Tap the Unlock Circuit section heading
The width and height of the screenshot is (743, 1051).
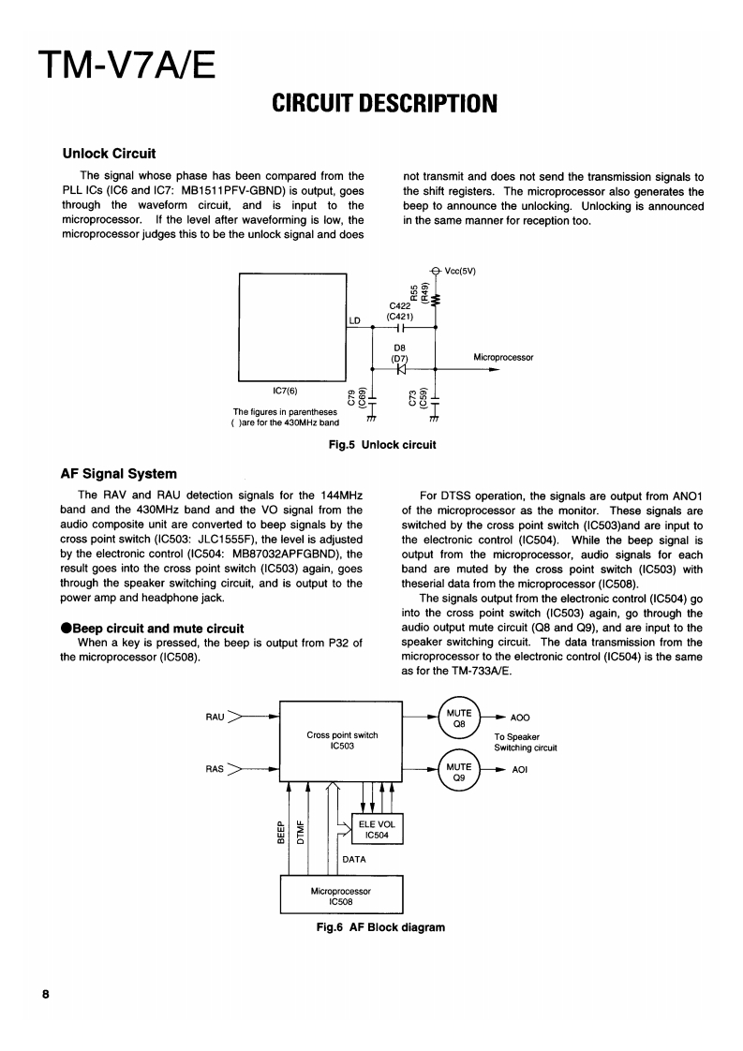(x=108, y=153)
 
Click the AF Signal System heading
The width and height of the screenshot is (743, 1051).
(x=118, y=473)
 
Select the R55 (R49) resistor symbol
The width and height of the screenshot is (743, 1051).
(x=437, y=299)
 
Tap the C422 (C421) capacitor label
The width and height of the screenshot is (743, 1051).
(x=400, y=310)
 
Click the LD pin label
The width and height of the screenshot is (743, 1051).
(x=354, y=320)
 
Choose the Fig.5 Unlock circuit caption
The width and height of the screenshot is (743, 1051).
(x=376, y=444)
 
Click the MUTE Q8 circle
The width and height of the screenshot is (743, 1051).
(x=459, y=718)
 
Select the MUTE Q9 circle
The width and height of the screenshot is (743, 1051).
(x=459, y=771)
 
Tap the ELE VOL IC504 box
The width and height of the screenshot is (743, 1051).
(x=376, y=828)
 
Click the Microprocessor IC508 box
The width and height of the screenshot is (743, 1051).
(x=341, y=894)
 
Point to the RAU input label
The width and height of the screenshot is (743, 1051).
(x=215, y=718)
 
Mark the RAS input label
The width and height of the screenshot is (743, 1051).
(x=215, y=770)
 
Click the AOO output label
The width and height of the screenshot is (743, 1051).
(x=520, y=718)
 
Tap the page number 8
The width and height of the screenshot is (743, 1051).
(x=45, y=994)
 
